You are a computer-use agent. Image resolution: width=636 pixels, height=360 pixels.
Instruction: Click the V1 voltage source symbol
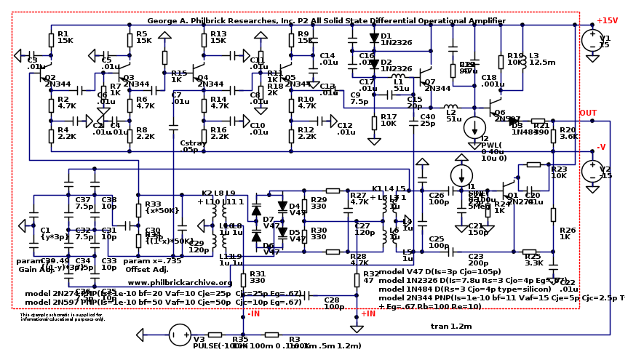tap(592, 39)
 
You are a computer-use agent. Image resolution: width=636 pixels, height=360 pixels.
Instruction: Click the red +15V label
tap(607, 20)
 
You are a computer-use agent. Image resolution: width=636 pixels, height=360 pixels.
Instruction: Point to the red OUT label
tap(587, 113)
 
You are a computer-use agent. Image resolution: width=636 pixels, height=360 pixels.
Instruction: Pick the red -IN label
tap(253, 314)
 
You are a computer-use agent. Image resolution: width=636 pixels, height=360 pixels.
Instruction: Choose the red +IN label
tap(367, 314)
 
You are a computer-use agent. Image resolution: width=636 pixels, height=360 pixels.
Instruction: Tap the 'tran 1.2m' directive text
tap(451, 327)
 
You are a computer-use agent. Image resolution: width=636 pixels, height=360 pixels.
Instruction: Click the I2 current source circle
tap(474, 127)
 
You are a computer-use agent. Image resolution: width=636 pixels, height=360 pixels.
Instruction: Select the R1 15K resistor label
tap(64, 37)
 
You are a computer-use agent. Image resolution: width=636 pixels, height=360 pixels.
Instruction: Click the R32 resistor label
tap(371, 276)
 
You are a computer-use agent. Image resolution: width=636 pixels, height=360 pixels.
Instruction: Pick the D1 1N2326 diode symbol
tap(374, 37)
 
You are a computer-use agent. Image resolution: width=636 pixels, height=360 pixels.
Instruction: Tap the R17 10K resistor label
tap(388, 120)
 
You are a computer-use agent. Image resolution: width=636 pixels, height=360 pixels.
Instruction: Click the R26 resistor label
tap(568, 233)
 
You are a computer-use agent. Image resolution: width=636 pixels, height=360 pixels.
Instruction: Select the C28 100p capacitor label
tap(333, 303)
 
